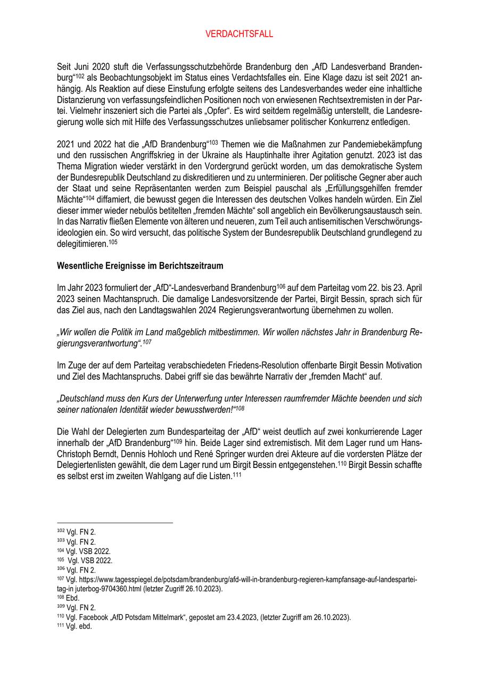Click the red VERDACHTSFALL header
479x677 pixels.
[x=239, y=34]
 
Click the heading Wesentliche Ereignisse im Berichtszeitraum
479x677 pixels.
[x=139, y=265]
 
